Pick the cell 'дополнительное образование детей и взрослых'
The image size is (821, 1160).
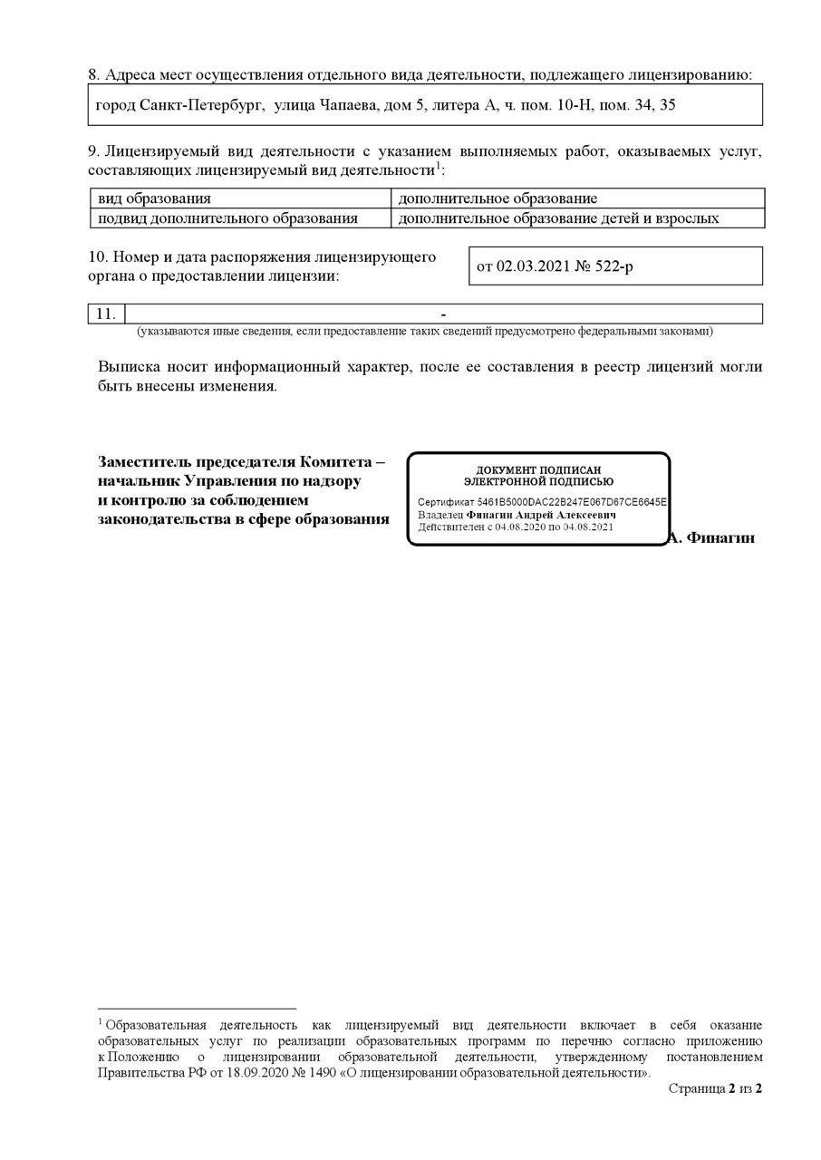pyautogui.click(x=558, y=218)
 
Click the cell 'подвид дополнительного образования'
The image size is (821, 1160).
pyautogui.click(x=227, y=218)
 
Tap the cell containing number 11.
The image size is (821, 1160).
pyautogui.click(x=106, y=314)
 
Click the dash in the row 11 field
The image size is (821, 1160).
pyautogui.click(x=443, y=314)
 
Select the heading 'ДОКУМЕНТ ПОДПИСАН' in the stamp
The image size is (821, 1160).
pyautogui.click(x=538, y=470)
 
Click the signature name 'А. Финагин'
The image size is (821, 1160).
pyautogui.click(x=712, y=537)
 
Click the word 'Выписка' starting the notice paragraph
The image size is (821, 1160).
pyautogui.click(x=130, y=367)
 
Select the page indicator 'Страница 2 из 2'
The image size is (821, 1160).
pyautogui.click(x=715, y=1088)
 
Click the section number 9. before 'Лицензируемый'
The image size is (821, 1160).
pyautogui.click(x=93, y=150)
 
